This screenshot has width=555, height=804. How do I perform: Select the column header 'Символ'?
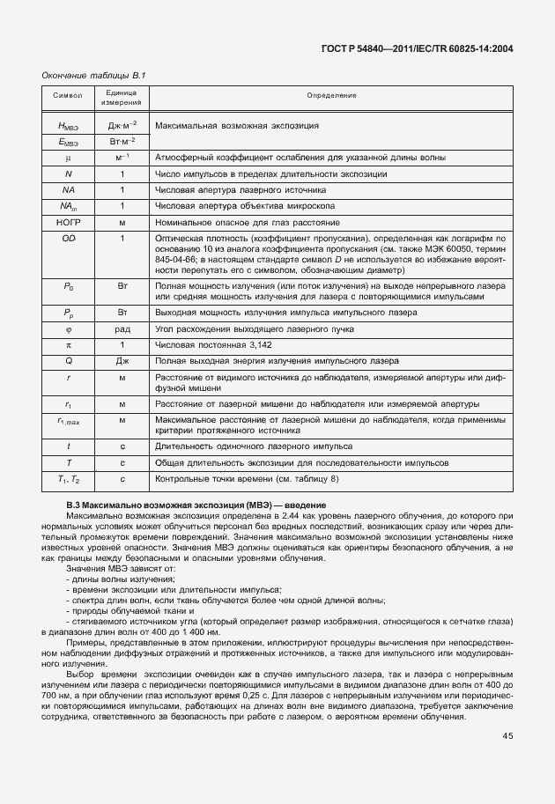coord(68,95)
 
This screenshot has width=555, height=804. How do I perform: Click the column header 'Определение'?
coord(331,95)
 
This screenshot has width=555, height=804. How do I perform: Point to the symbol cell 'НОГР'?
coord(68,222)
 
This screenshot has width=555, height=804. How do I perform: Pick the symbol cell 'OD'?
coord(68,238)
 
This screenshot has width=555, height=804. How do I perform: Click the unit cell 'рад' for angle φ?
coord(122,328)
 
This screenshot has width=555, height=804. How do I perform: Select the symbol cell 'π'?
coord(68,344)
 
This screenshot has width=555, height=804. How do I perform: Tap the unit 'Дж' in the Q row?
coord(122,361)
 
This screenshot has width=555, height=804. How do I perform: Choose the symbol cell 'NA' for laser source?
coord(68,189)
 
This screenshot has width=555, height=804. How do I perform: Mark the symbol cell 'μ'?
coord(68,158)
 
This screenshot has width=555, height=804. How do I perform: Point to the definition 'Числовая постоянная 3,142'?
coord(211,344)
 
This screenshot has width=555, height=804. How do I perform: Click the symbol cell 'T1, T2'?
coord(68,479)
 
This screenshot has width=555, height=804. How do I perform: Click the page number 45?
coord(508,736)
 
